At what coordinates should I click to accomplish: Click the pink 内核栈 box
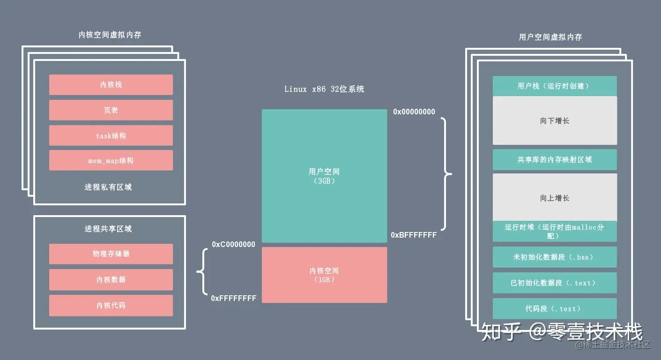point(111,85)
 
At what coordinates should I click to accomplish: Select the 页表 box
point(111,110)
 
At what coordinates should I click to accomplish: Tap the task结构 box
point(111,135)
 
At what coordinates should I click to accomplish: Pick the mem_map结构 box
point(111,160)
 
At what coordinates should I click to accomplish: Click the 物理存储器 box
point(111,254)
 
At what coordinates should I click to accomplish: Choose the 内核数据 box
point(111,279)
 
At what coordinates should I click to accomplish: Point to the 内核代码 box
point(111,305)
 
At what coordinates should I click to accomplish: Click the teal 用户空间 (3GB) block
point(324,176)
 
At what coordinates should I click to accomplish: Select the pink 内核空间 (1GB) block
point(324,275)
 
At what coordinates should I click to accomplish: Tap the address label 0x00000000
point(414,112)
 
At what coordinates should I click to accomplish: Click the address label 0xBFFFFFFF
point(414,235)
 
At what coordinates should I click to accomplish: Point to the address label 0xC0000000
point(233,244)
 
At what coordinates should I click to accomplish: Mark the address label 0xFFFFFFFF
point(233,298)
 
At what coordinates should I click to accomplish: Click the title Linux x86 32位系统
point(324,89)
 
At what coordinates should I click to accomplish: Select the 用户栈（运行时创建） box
point(555,86)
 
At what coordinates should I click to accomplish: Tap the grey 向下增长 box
point(555,120)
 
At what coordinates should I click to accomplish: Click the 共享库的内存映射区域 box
point(555,159)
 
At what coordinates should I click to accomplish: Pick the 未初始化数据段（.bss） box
point(555,257)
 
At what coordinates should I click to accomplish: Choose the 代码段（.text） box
point(555,308)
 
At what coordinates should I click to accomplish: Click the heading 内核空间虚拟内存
point(110,35)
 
